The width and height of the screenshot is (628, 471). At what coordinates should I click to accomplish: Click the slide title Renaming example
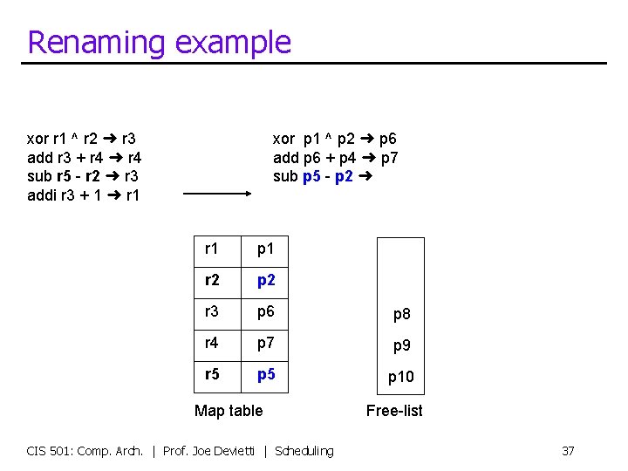pyautogui.click(x=159, y=42)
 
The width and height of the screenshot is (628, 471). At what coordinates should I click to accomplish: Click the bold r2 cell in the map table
pyautogui.click(x=212, y=280)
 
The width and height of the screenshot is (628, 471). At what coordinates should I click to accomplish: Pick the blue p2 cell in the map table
pyautogui.click(x=266, y=280)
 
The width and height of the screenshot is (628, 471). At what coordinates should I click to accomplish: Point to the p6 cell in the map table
pyautogui.click(x=266, y=311)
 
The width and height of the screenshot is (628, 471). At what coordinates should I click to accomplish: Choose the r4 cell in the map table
pyautogui.click(x=212, y=343)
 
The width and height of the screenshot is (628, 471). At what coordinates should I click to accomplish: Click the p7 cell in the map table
pyautogui.click(x=266, y=343)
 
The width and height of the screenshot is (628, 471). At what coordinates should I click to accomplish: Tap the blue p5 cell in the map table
pyautogui.click(x=266, y=374)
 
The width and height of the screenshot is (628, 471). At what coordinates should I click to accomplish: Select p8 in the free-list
pyautogui.click(x=401, y=314)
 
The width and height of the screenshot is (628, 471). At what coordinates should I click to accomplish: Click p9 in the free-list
pyautogui.click(x=401, y=345)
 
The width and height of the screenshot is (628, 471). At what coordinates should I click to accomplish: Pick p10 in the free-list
pyautogui.click(x=401, y=377)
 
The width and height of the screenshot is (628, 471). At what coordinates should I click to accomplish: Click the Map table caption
pyautogui.click(x=229, y=410)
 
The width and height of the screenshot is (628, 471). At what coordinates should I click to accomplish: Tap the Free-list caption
pyautogui.click(x=394, y=410)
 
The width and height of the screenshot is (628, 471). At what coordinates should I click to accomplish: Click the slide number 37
pyautogui.click(x=568, y=451)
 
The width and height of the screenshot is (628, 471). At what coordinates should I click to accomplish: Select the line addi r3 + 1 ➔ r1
pyautogui.click(x=83, y=195)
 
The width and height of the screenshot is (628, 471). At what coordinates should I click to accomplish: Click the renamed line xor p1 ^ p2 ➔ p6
pyautogui.click(x=334, y=139)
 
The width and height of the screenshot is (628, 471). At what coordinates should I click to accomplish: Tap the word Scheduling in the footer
pyautogui.click(x=304, y=451)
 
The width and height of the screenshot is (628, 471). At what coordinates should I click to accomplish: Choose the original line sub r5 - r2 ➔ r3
pyautogui.click(x=82, y=175)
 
